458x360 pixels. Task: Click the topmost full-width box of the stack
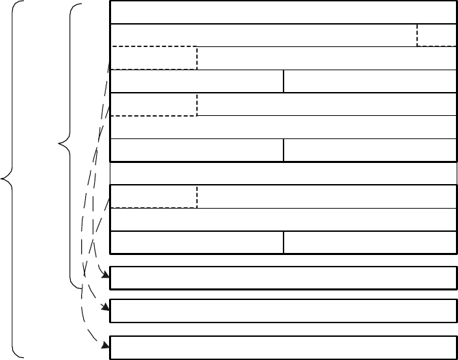click(282, 12)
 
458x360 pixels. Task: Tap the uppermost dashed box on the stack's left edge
click(153, 58)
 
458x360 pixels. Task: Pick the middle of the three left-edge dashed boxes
click(153, 104)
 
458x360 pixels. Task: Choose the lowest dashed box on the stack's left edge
click(153, 196)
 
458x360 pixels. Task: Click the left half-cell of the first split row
click(196, 81)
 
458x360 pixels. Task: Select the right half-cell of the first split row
click(369, 81)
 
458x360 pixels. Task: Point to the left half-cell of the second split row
click(196, 150)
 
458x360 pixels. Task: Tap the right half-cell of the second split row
click(369, 150)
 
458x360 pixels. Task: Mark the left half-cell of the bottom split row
click(196, 242)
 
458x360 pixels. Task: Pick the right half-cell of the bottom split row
click(369, 242)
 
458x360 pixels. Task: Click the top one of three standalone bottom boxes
click(282, 278)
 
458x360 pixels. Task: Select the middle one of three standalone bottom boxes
click(282, 310)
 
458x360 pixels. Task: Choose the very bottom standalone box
click(282, 347)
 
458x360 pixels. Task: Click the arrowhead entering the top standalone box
click(106, 275)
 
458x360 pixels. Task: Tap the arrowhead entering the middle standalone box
click(106, 307)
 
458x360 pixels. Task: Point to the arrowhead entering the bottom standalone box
click(106, 345)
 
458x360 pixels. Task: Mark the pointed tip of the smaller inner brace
click(61, 144)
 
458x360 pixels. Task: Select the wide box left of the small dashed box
click(263, 35)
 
